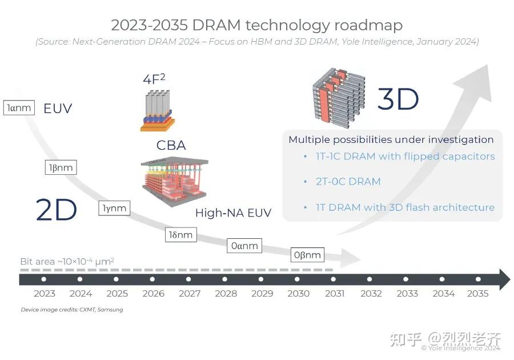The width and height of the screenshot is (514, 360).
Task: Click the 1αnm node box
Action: tap(19, 107)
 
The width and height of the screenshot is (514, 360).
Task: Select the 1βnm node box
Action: tap(60, 167)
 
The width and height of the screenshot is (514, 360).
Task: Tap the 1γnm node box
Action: tap(114, 208)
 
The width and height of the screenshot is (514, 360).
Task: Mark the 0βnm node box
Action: tap(307, 254)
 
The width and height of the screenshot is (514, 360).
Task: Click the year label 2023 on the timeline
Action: tap(44, 293)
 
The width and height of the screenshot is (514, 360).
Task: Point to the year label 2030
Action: tap(298, 293)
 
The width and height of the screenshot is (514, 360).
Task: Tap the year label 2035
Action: tap(477, 293)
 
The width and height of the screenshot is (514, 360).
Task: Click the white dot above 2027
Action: tap(189, 279)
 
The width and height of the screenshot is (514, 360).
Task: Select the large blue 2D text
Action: tap(56, 210)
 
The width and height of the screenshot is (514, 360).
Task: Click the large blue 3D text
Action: tap(398, 99)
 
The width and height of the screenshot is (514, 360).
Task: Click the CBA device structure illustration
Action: tap(174, 182)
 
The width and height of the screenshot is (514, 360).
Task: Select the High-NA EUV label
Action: tap(233, 213)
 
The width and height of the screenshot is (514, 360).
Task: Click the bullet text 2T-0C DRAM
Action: tap(348, 182)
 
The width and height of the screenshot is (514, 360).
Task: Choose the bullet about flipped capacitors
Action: tap(405, 156)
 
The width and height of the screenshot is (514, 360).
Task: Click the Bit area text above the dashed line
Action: tap(67, 261)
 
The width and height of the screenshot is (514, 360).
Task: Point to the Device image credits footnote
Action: tap(72, 310)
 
